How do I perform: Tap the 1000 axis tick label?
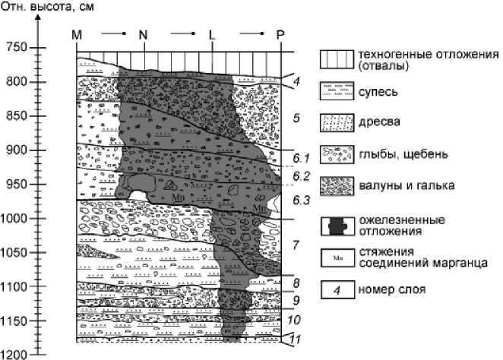pos(14,219)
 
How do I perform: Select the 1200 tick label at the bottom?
pos(14,355)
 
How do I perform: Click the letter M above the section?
pos(76,35)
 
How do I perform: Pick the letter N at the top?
pos(144,35)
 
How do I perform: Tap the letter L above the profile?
pos(212,35)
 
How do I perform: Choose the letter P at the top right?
pos(280,35)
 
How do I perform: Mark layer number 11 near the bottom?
pos(299,339)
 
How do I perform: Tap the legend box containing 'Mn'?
pos(334,258)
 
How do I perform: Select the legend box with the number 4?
pos(334,289)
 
